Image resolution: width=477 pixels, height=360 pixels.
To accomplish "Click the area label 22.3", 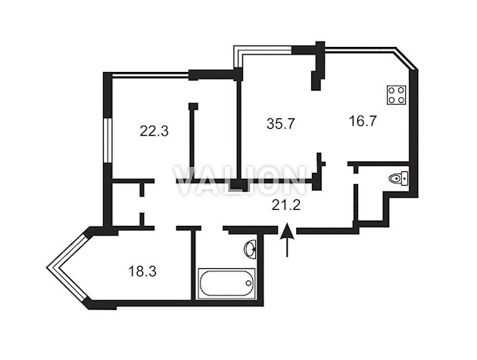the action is [x=154, y=131].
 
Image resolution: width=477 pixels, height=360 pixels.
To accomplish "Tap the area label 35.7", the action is [x=281, y=124].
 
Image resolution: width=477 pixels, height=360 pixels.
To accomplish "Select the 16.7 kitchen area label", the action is [x=363, y=121].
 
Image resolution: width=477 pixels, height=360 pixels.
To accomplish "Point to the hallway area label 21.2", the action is [x=286, y=205].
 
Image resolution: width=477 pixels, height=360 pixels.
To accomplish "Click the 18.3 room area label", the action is [x=142, y=271].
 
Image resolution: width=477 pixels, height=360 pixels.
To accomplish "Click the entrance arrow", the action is [x=287, y=240].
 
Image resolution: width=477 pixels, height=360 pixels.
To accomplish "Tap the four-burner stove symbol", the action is [x=397, y=95].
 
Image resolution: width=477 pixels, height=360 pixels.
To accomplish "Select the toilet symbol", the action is [x=398, y=178].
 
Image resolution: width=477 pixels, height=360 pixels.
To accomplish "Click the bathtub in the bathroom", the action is [x=226, y=283].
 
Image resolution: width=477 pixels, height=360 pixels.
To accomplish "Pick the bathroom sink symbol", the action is [x=250, y=249].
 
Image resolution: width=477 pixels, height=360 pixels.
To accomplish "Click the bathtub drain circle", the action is [x=248, y=283].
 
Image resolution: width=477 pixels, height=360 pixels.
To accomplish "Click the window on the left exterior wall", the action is [x=107, y=140].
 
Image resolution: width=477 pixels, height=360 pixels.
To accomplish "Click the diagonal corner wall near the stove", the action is [x=407, y=59].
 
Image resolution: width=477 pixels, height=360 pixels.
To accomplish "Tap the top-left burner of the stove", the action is [x=392, y=90].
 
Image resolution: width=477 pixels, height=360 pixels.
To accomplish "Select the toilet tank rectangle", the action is [x=404, y=178].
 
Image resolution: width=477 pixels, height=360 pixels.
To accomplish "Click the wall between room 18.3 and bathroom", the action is [x=193, y=265].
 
